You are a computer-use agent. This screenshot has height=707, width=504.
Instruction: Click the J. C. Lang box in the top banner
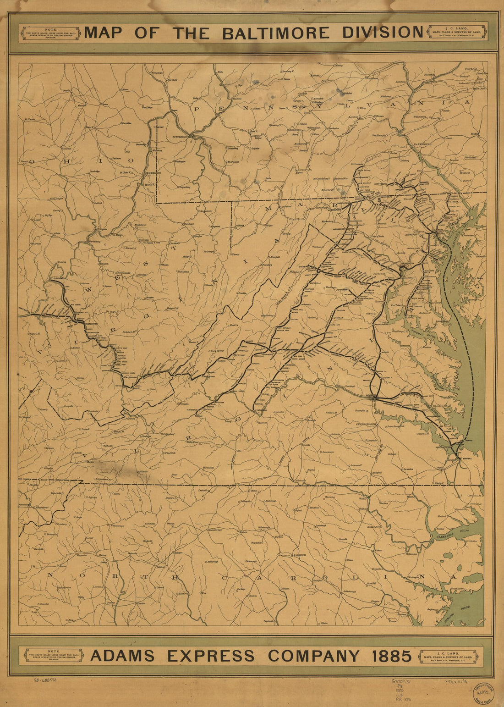(x=457, y=33)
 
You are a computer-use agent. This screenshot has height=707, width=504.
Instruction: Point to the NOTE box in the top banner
(x=48, y=33)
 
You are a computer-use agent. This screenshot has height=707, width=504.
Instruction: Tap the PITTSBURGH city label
(x=181, y=137)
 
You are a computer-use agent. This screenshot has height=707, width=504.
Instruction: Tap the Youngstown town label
(x=157, y=73)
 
